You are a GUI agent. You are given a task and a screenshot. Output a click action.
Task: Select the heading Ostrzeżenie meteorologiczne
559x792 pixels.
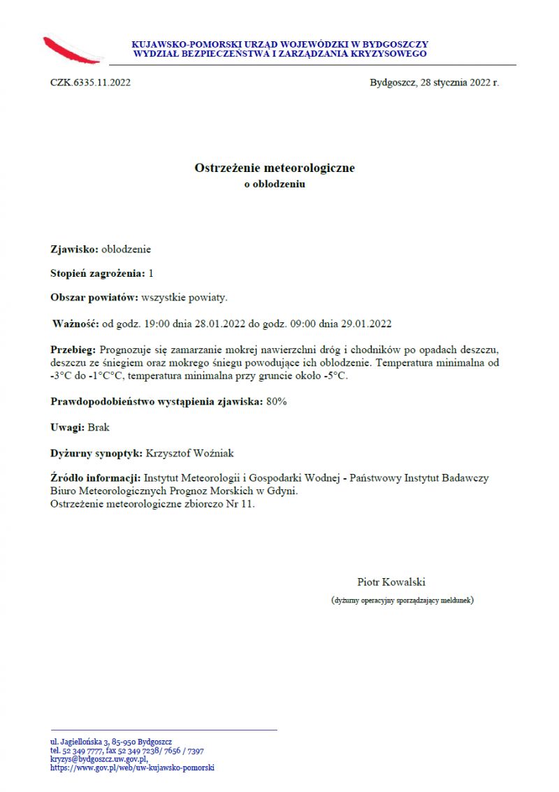(x=275, y=168)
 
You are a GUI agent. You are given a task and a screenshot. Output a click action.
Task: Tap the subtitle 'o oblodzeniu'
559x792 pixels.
(x=275, y=185)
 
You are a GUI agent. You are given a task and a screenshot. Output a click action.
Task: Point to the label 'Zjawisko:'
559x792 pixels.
(x=74, y=249)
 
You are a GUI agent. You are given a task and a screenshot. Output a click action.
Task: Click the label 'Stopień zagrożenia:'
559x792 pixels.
(x=98, y=273)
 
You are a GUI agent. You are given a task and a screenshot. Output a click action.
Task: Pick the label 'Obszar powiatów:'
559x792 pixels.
(x=94, y=298)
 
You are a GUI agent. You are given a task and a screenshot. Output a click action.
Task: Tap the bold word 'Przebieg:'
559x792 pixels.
(x=74, y=349)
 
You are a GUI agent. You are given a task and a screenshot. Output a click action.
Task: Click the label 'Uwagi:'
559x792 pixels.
(x=67, y=427)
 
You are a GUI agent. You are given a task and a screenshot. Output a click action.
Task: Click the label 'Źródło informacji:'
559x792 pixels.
(x=95, y=478)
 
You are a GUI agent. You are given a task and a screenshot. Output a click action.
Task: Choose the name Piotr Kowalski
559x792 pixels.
(x=391, y=582)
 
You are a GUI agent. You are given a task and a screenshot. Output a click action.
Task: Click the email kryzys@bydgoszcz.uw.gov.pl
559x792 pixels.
(x=99, y=759)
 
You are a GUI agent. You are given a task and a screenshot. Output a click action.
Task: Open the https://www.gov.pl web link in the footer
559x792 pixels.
(x=132, y=768)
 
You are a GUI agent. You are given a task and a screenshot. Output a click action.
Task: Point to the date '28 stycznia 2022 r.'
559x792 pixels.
(x=460, y=82)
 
